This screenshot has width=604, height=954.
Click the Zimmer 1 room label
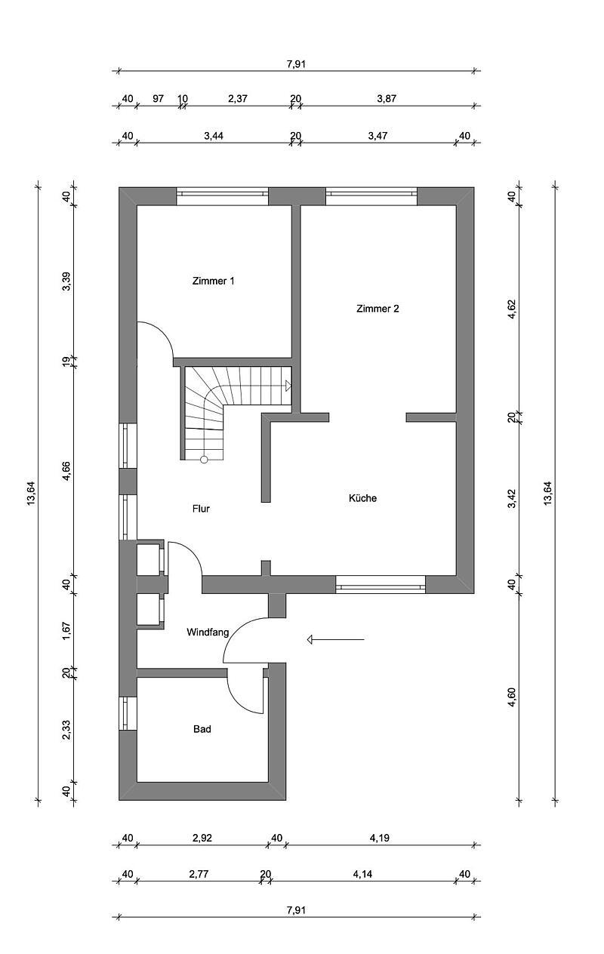coord(213,281)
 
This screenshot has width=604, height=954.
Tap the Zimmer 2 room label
coord(377,309)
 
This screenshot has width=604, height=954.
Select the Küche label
coord(362,498)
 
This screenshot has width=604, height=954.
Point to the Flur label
coord(201,509)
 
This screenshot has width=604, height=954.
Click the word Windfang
coord(208,632)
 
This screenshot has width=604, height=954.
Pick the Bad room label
coord(202,729)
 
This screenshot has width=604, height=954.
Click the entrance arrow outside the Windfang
coord(336,639)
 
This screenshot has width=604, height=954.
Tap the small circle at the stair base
coord(204,460)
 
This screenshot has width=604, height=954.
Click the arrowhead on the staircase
coord(288,386)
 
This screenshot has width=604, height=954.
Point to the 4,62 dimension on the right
coord(512,309)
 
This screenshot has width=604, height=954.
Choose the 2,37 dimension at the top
coord(238,99)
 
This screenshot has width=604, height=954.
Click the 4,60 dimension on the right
coord(512,697)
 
